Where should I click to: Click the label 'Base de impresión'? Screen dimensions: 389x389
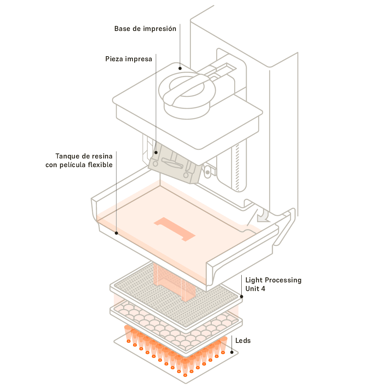tap(145, 29)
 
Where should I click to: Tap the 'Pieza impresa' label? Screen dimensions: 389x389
tap(129, 59)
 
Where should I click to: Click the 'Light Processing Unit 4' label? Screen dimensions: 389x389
tap(273, 284)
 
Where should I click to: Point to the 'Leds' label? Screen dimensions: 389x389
tap(243, 340)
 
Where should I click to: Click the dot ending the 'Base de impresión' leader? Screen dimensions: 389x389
tap(180, 67)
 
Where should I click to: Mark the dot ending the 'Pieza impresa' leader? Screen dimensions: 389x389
tap(156, 152)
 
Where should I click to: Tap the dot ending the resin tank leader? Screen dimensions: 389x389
tap(116, 233)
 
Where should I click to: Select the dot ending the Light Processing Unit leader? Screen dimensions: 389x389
tap(241, 297)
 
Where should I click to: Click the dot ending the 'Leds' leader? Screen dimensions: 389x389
tap(232, 352)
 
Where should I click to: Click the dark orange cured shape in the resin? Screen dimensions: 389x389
tap(175, 229)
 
